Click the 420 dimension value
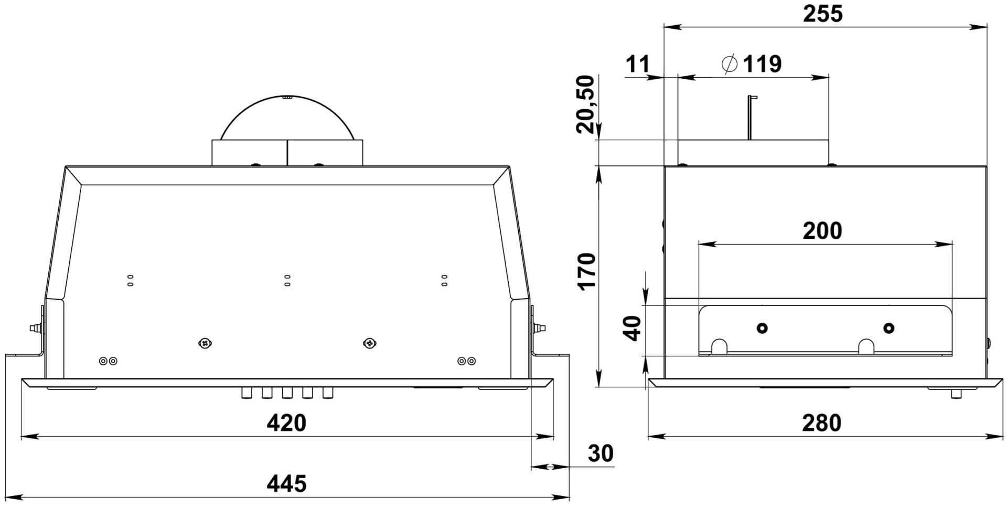pyautogui.click(x=286, y=423)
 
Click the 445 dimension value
pyautogui.click(x=286, y=483)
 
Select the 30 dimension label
pyautogui.click(x=601, y=453)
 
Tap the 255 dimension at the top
pyautogui.click(x=823, y=14)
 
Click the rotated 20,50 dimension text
pyautogui.click(x=585, y=104)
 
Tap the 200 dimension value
pyautogui.click(x=822, y=231)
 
